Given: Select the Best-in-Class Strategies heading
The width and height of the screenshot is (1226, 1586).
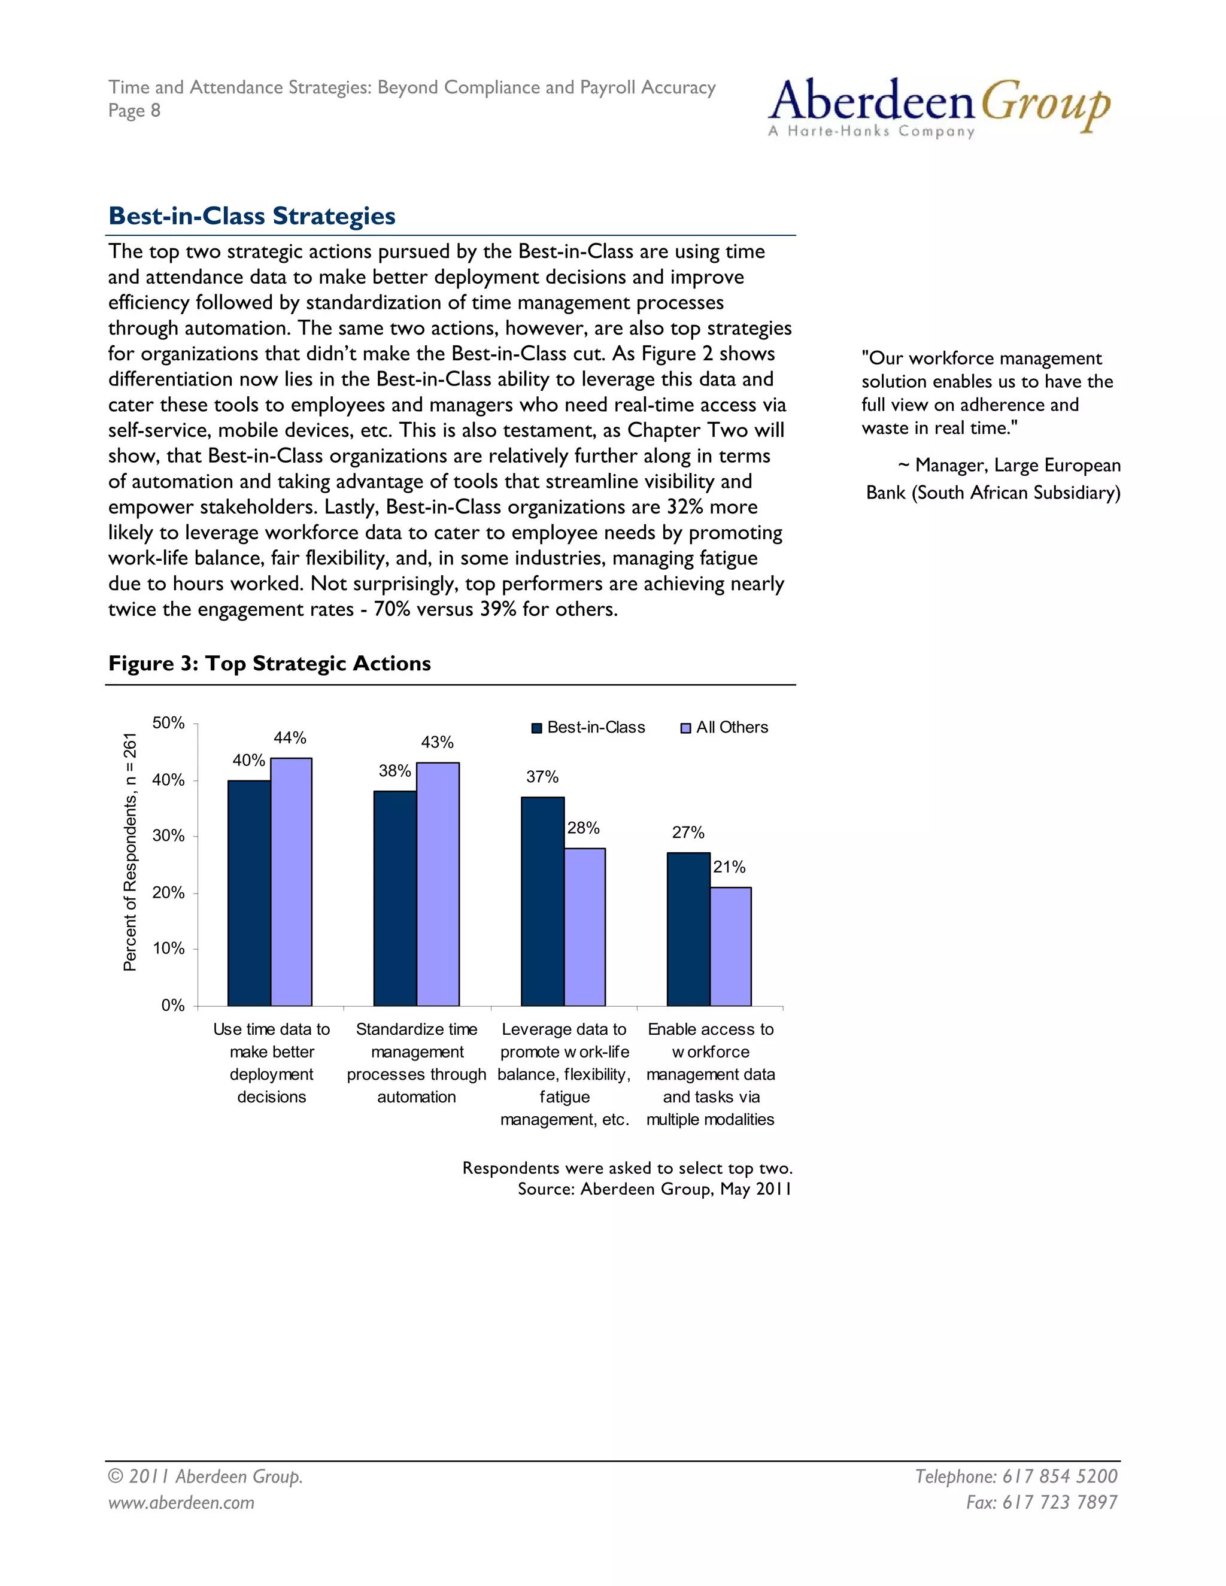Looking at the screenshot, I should pyautogui.click(x=251, y=215).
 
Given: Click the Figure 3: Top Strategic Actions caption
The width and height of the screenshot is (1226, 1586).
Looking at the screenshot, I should pyautogui.click(x=269, y=663).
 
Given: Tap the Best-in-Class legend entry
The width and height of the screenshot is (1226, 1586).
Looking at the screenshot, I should pyautogui.click(x=588, y=728).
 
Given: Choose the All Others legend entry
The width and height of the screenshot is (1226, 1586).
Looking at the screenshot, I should pyautogui.click(x=724, y=728).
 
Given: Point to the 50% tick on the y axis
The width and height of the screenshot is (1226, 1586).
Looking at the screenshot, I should pyautogui.click(x=168, y=724).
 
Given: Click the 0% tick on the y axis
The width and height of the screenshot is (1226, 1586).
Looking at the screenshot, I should pyautogui.click(x=173, y=1006).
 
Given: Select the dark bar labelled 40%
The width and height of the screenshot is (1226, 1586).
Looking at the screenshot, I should pyautogui.click(x=248, y=893).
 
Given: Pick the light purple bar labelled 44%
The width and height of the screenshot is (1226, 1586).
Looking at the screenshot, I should pyautogui.click(x=292, y=882).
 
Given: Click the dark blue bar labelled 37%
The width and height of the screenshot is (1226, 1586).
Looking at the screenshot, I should pyautogui.click(x=542, y=901).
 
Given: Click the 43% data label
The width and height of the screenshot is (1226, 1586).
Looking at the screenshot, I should pyautogui.click(x=437, y=742).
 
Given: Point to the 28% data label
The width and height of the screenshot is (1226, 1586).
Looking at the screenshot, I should pyautogui.click(x=583, y=828).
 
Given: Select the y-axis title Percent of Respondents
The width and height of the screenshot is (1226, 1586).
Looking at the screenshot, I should pyautogui.click(x=130, y=852).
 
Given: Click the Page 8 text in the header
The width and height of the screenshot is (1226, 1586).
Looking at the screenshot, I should pyautogui.click(x=134, y=110).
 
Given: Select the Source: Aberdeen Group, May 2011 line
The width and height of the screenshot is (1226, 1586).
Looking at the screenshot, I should pyautogui.click(x=654, y=1189).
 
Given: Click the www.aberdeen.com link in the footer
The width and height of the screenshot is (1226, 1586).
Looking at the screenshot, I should pyautogui.click(x=181, y=1502).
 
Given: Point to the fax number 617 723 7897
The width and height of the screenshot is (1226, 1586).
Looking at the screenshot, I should pyautogui.click(x=1042, y=1502).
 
